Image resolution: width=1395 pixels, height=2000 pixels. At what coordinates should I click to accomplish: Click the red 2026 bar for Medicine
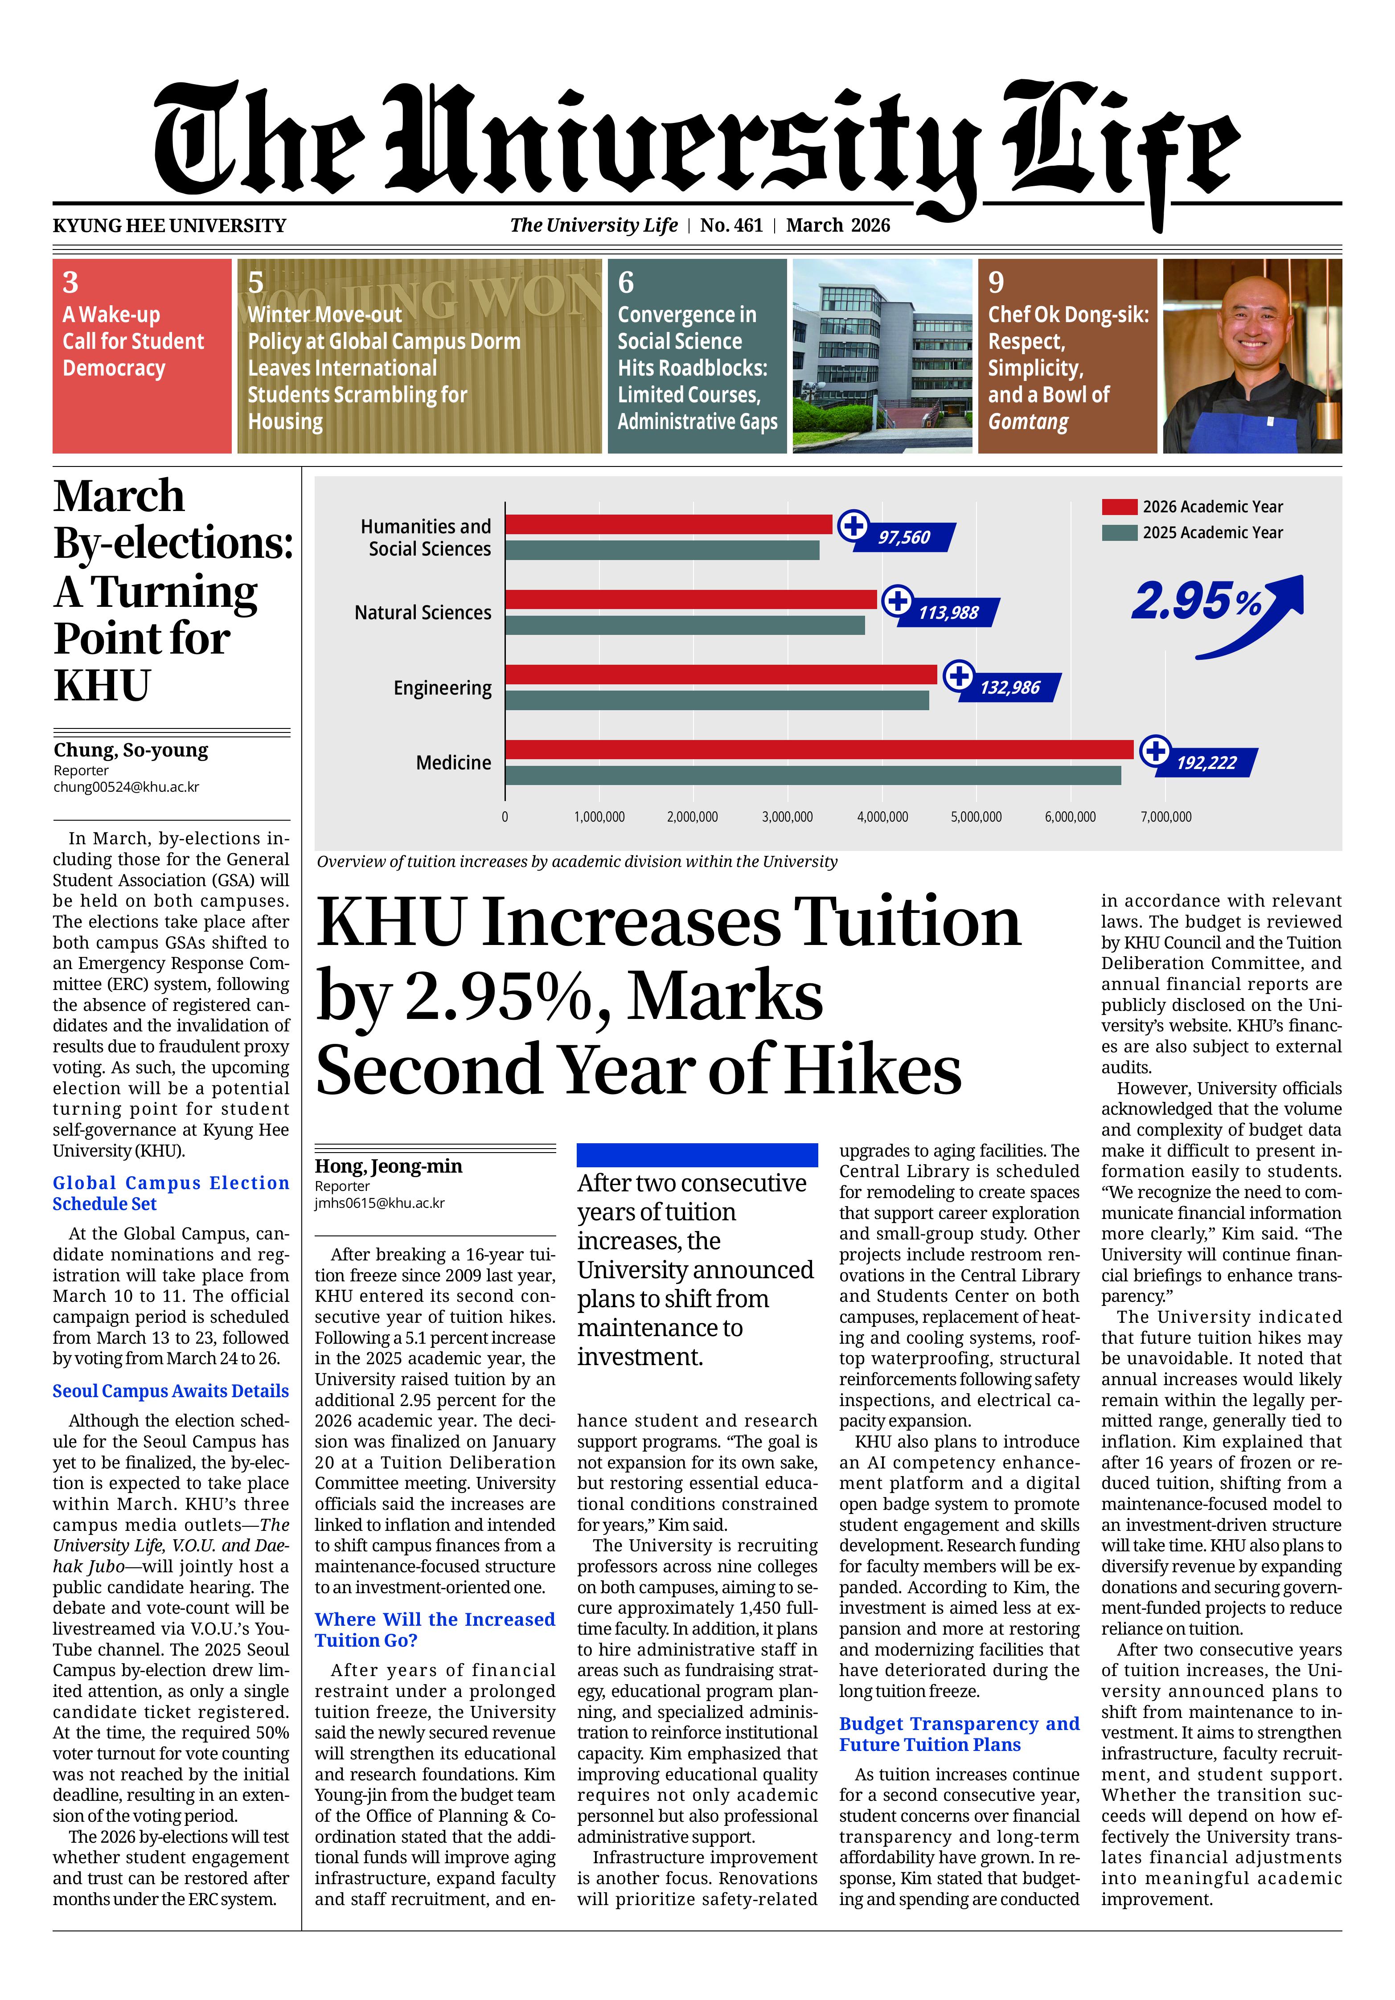819,749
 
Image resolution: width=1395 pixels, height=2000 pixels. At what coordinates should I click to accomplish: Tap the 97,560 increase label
904,537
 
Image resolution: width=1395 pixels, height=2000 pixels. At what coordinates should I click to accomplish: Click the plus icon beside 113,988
897,600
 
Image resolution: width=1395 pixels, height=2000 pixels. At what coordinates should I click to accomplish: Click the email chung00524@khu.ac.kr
126,786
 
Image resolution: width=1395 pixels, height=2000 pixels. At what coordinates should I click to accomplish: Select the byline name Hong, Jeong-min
389,1166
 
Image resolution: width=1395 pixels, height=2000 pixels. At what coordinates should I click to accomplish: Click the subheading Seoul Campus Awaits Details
171,1391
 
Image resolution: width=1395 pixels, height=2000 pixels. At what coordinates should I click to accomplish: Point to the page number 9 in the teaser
996,282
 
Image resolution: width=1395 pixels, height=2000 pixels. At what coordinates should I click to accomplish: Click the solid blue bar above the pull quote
697,1155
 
